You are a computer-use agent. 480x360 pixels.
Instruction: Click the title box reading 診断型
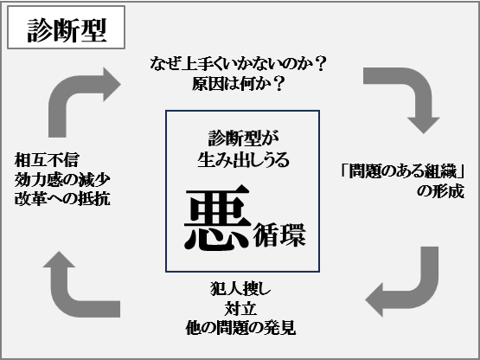(66, 28)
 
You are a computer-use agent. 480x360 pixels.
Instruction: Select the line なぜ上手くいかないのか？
(238, 64)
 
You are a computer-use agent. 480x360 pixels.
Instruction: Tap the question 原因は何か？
(238, 83)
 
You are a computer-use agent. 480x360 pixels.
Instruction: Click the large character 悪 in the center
(216, 217)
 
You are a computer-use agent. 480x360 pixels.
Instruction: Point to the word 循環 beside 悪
(279, 235)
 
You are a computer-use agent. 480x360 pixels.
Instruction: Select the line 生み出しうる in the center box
(243, 159)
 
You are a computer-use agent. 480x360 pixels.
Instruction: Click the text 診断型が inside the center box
(243, 138)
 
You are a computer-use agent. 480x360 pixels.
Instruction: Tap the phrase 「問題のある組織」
(402, 171)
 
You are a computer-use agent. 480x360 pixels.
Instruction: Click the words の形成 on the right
(440, 191)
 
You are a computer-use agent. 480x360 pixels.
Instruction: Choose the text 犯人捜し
(240, 288)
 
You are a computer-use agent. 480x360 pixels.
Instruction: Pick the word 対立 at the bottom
(240, 308)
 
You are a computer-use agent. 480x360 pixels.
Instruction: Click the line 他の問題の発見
(240, 328)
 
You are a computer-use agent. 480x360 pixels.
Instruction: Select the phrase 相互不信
(47, 160)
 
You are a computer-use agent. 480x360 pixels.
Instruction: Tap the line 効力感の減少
(62, 179)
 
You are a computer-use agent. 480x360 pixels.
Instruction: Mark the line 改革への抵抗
(62, 199)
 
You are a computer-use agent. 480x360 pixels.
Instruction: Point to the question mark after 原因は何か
(278, 83)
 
